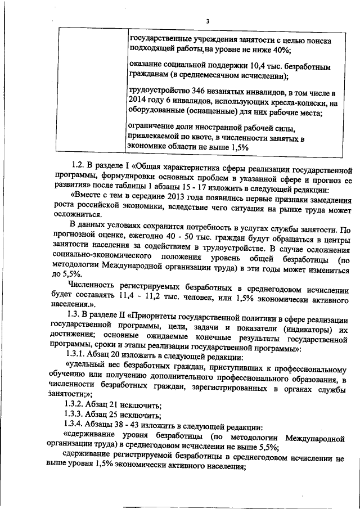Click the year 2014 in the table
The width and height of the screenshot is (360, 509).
pyautogui.click(x=138, y=102)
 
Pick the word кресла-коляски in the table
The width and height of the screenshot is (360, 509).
pyautogui.click(x=302, y=102)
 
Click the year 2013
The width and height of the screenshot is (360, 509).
pyautogui.click(x=178, y=196)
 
